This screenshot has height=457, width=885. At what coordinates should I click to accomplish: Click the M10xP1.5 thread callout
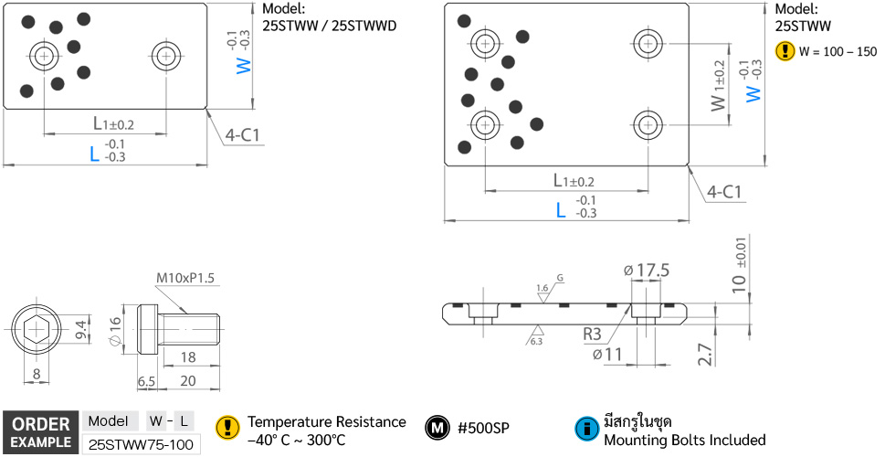tap(185, 278)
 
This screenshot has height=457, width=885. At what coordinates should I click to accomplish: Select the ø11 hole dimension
tap(609, 353)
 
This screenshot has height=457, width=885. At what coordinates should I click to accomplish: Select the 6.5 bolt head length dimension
tap(146, 380)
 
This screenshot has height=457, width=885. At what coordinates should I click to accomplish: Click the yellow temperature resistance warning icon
tap(227, 428)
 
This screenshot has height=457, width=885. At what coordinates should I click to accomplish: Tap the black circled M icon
tap(437, 428)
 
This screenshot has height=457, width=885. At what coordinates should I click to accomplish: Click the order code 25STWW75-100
tap(141, 445)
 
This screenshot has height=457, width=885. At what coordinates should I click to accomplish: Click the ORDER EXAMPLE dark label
tap(40, 432)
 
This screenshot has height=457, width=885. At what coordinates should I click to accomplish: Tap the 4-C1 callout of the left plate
tap(244, 135)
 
